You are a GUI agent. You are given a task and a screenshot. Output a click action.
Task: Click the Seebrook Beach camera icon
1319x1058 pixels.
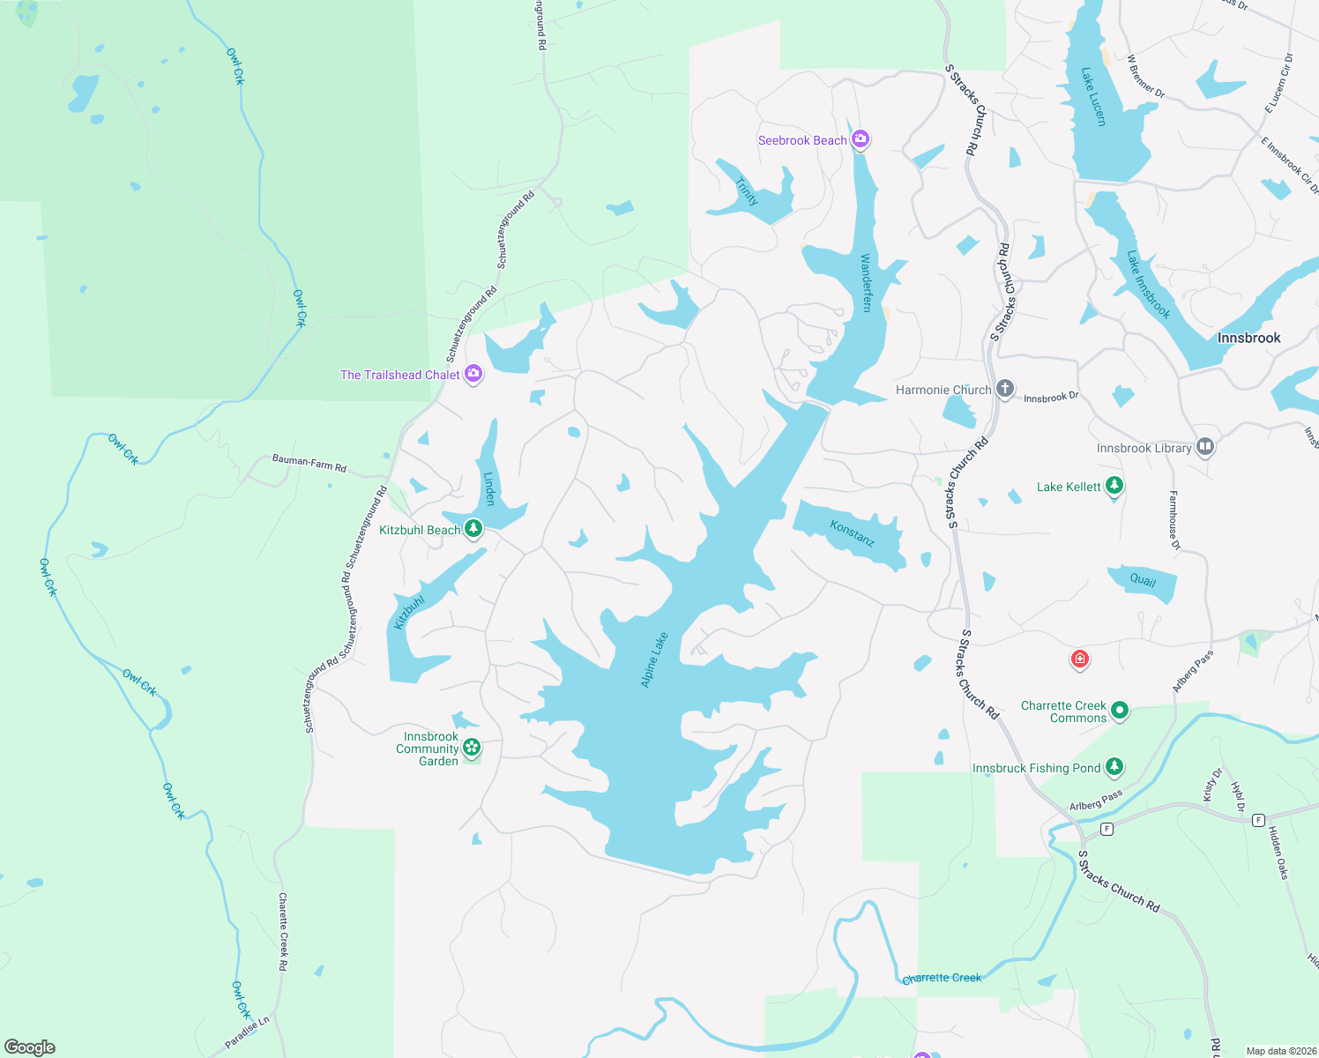[x=861, y=138]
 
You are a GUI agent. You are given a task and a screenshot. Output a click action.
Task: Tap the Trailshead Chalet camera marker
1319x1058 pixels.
[x=473, y=374]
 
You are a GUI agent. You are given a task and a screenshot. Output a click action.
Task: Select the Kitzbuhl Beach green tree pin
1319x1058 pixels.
[x=473, y=528]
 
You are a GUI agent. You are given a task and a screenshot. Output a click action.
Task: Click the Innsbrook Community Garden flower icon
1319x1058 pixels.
[x=472, y=748]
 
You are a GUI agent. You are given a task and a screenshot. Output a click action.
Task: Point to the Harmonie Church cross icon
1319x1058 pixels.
[x=1004, y=389]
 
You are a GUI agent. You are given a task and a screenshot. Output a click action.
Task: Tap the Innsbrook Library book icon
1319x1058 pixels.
[x=1205, y=447]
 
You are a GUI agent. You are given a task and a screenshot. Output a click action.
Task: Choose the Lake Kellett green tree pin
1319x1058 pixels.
[x=1114, y=485]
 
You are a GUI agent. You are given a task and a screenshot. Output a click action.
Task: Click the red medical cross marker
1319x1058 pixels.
[x=1079, y=659]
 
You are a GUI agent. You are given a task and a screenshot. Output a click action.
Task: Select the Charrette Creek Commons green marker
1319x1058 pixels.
[x=1120, y=710]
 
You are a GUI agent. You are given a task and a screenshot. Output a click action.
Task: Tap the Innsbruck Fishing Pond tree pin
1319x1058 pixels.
[x=1114, y=766]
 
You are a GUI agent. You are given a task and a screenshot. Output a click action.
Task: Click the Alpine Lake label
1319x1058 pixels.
[x=654, y=659]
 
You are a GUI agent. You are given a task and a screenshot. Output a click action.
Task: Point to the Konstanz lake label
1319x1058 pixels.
[x=852, y=533]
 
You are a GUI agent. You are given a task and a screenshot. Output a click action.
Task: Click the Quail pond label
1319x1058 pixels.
[x=1143, y=580]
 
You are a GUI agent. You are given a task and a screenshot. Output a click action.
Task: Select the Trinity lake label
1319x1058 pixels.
[x=747, y=191]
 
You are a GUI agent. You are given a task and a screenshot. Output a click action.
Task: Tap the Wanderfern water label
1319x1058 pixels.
[x=866, y=282]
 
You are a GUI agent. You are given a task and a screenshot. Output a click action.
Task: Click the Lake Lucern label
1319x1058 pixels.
[x=1093, y=97]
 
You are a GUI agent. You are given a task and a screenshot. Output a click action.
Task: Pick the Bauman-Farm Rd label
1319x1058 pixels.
[x=309, y=462]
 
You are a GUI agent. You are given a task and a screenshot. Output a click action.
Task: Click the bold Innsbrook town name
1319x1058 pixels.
[x=1248, y=338]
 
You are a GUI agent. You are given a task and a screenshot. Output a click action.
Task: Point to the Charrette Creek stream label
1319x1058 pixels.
[x=942, y=978]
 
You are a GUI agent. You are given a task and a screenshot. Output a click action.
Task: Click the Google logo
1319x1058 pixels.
[x=30, y=1047]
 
